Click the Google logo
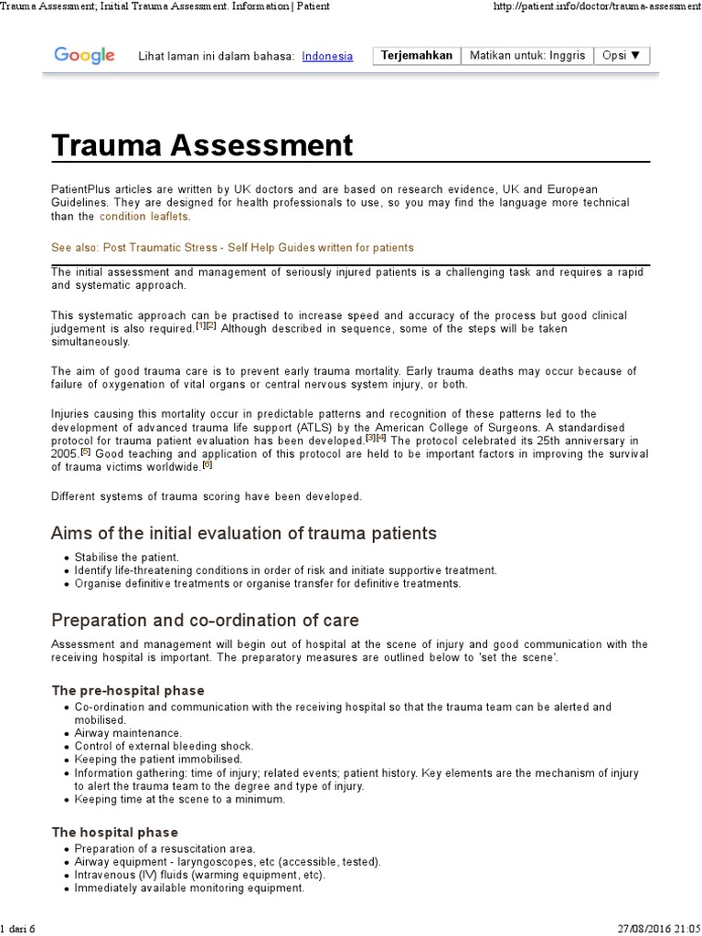click(x=84, y=56)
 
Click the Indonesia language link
click(x=327, y=56)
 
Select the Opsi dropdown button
click(x=622, y=55)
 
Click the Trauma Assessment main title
click(x=202, y=145)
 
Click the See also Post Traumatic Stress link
click(x=232, y=248)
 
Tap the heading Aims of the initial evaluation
click(x=244, y=533)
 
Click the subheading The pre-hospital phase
click(x=128, y=690)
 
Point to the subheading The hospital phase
click(x=114, y=832)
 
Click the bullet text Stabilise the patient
click(x=127, y=557)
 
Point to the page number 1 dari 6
click(x=18, y=929)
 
